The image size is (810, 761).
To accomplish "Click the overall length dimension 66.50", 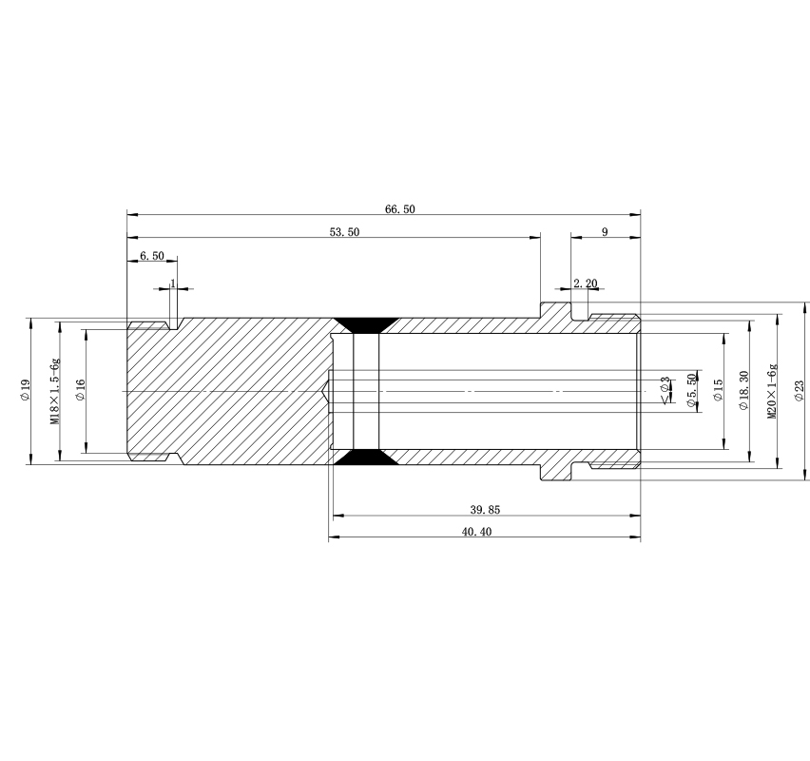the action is click(400, 209).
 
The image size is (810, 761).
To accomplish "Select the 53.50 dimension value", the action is click(344, 232).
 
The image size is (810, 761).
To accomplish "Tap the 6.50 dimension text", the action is click(152, 256).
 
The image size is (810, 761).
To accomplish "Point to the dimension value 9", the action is click(605, 231).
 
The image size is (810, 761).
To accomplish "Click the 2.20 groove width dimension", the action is click(586, 283).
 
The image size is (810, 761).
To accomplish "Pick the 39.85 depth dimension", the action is click(485, 510).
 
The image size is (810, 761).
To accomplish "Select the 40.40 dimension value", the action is click(477, 532).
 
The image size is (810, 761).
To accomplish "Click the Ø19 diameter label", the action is click(25, 390).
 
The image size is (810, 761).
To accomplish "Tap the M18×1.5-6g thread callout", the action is click(55, 391).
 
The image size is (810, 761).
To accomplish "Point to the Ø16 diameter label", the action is click(80, 390).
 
